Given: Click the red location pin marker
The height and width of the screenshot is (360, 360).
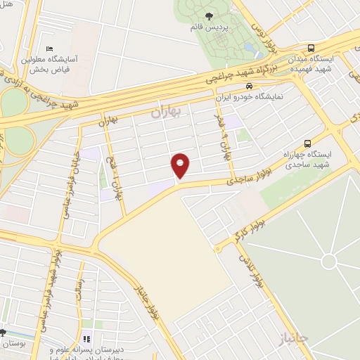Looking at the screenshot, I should click(x=181, y=165).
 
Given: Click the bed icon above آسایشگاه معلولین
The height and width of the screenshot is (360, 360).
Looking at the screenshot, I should click(x=49, y=49).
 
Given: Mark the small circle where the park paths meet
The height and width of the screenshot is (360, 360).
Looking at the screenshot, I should click(x=328, y=263).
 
